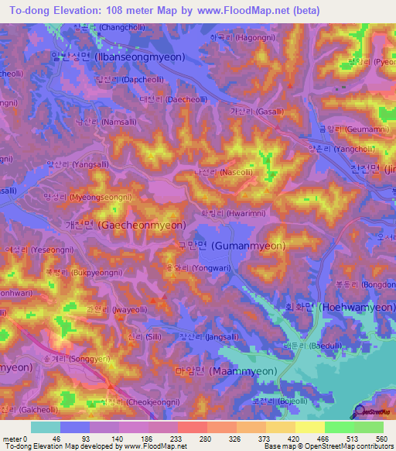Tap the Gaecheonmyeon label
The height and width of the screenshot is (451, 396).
[136, 225]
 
